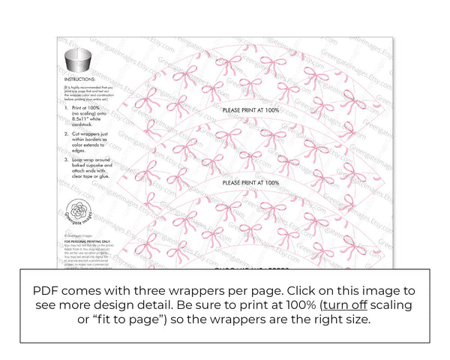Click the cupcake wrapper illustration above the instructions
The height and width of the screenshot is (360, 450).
pos(78,61)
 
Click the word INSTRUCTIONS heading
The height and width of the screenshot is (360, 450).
pos(79,78)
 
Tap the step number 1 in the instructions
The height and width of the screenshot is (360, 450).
pos(66,109)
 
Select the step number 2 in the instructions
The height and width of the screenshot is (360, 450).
pos(66,132)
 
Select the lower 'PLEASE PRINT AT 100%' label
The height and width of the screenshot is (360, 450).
pos(250,182)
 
